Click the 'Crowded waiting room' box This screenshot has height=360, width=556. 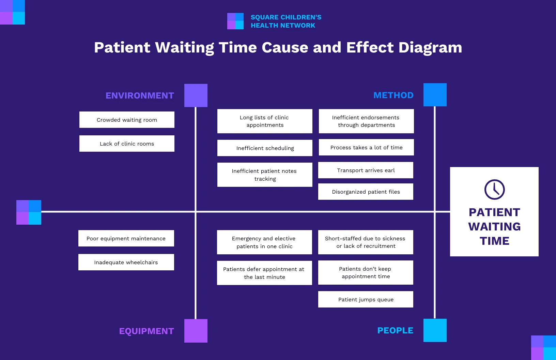127,120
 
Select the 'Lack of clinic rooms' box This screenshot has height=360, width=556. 127,144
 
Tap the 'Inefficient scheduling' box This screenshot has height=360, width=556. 265,148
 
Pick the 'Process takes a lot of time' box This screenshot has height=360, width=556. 366,147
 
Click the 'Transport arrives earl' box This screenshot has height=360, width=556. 366,170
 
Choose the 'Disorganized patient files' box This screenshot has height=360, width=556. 366,192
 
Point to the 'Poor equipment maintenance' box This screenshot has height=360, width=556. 126,238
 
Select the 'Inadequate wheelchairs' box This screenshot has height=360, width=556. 126,262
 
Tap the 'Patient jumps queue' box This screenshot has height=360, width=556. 366,299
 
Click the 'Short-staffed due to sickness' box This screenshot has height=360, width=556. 366,242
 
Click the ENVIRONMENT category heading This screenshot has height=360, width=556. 140,95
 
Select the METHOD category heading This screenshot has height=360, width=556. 393,95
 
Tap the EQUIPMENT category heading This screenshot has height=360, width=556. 146,331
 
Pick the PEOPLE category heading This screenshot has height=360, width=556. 395,330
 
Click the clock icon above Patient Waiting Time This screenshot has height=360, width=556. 494,190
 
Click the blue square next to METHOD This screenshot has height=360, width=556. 435,95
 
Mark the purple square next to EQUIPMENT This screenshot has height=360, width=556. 196,331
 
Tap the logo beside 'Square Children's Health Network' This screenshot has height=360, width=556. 235,21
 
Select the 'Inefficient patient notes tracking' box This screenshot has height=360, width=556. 265,175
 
